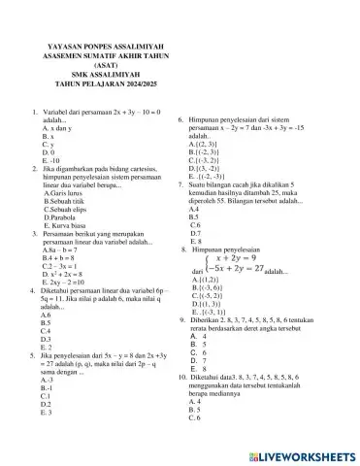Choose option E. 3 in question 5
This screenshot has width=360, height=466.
47,413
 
